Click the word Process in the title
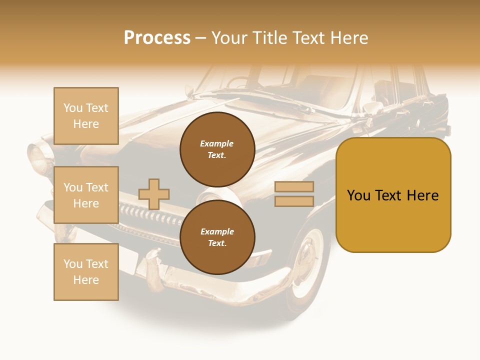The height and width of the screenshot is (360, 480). (x=157, y=38)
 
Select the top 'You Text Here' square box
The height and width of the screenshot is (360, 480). (x=86, y=116)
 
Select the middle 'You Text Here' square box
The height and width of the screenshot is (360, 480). (x=86, y=195)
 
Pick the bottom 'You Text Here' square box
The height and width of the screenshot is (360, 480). (x=86, y=272)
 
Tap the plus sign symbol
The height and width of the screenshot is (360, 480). (x=154, y=194)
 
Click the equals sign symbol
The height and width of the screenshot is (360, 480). (x=294, y=194)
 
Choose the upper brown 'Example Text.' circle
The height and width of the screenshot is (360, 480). (x=217, y=149)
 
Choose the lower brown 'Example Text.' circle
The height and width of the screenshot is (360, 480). (x=217, y=237)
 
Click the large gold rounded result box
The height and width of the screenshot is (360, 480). (x=393, y=195)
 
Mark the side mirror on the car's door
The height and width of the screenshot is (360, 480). (x=372, y=107)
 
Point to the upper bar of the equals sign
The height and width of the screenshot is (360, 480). (x=294, y=186)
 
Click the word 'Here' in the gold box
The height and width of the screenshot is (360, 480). (x=422, y=195)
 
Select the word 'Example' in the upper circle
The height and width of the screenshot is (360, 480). (x=217, y=144)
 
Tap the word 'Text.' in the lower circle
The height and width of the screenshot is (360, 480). (x=217, y=243)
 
